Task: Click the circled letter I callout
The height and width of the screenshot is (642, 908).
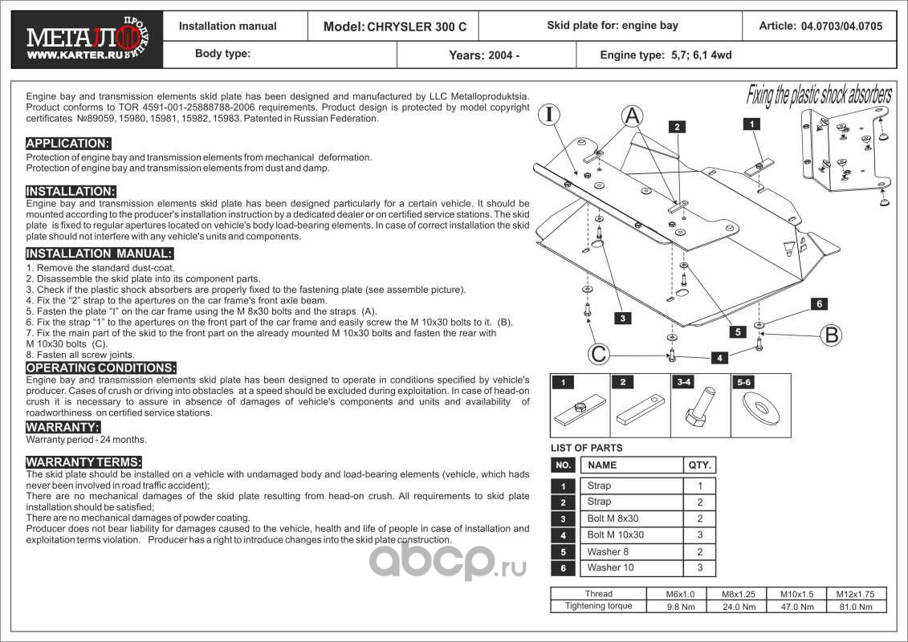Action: point(549,115)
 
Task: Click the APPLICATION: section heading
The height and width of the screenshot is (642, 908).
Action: point(68,144)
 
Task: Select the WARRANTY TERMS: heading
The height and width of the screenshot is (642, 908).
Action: point(83,462)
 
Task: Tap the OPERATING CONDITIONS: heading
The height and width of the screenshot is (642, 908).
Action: point(101,368)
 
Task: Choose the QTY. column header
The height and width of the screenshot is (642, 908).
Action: point(698,465)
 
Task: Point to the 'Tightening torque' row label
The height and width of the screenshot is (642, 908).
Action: point(599,606)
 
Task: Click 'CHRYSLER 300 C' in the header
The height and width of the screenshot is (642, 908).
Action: point(417,26)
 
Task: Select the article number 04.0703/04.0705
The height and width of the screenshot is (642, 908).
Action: point(842,26)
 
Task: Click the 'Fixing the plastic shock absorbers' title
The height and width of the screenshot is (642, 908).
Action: point(819,95)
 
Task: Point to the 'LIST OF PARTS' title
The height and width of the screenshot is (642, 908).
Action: point(586,448)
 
